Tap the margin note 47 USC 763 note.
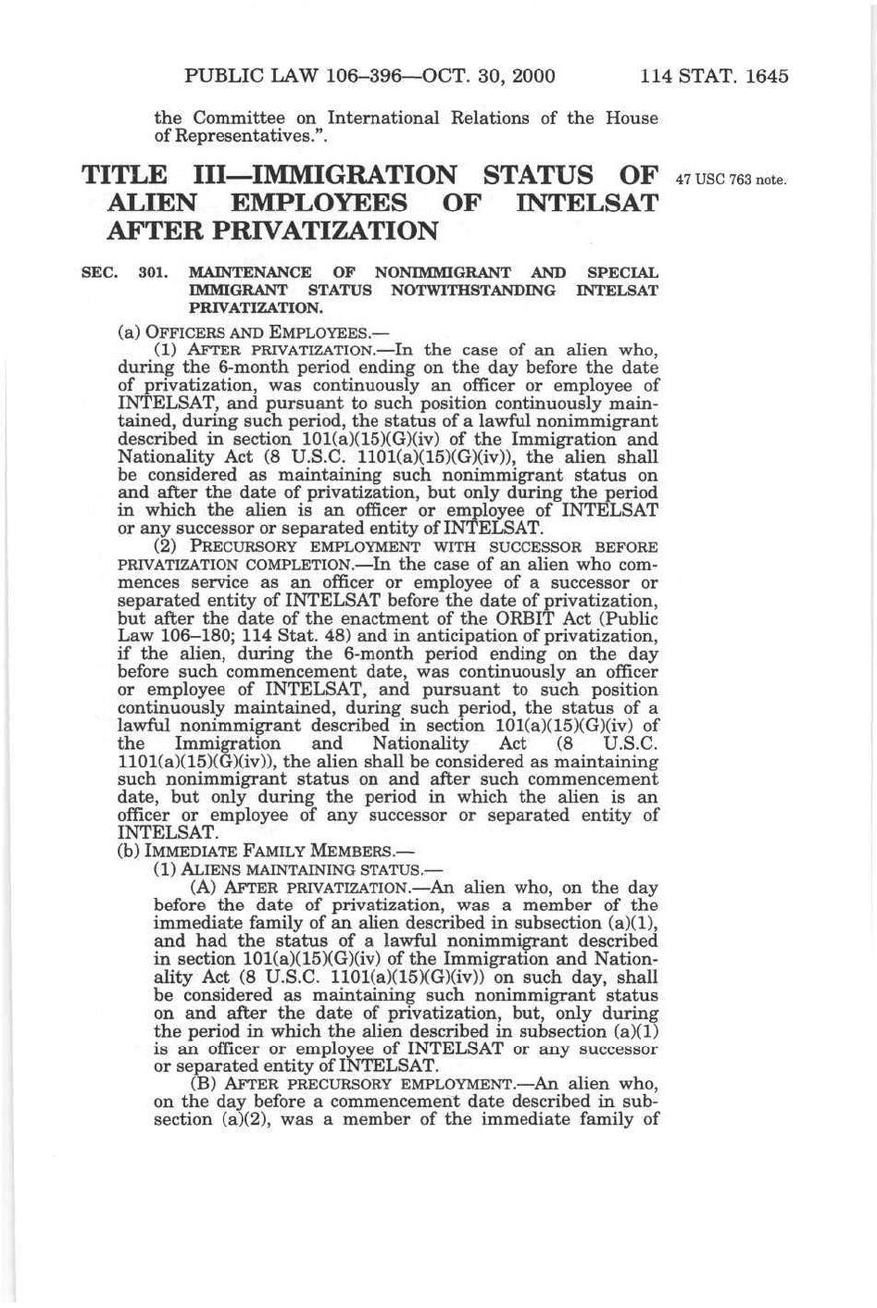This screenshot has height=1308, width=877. tap(732, 180)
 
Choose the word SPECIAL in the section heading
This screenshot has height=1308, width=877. tap(622, 273)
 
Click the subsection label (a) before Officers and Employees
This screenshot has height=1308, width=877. tap(129, 332)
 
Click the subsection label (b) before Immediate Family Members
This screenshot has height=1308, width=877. tap(129, 852)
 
